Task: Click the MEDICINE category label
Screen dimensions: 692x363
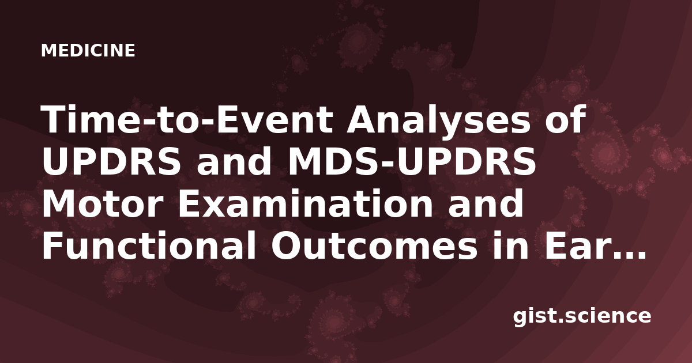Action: tap(88, 51)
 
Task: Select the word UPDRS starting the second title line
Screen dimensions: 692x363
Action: tap(111, 162)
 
